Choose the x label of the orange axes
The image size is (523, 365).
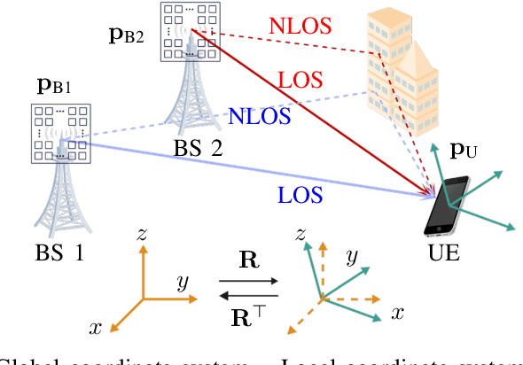[96, 328]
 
